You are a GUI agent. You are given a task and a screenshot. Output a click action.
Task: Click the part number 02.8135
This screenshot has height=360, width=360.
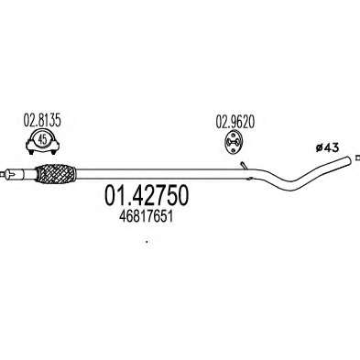click(x=42, y=120)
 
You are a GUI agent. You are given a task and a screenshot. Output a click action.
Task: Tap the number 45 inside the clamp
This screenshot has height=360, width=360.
click(x=42, y=139)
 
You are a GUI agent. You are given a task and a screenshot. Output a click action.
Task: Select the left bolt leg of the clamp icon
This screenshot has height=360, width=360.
click(x=30, y=150)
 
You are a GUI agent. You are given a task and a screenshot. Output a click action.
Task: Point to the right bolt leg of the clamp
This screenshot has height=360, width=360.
click(x=54, y=150)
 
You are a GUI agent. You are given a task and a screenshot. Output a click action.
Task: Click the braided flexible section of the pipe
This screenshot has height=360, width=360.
click(x=55, y=174)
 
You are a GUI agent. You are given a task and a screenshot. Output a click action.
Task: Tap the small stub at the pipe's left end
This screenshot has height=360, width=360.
click(x=3, y=174)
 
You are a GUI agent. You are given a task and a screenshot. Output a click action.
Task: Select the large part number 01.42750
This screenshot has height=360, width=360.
click(x=147, y=196)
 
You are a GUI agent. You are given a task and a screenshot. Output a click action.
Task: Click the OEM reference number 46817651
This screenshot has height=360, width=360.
click(x=147, y=217)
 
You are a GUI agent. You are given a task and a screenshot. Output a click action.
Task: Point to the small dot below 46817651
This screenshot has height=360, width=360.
click(x=147, y=242)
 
